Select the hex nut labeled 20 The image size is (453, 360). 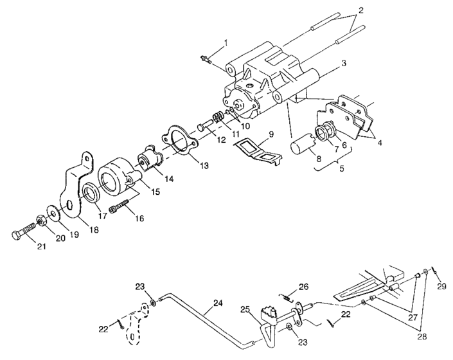click(x=42, y=222)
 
